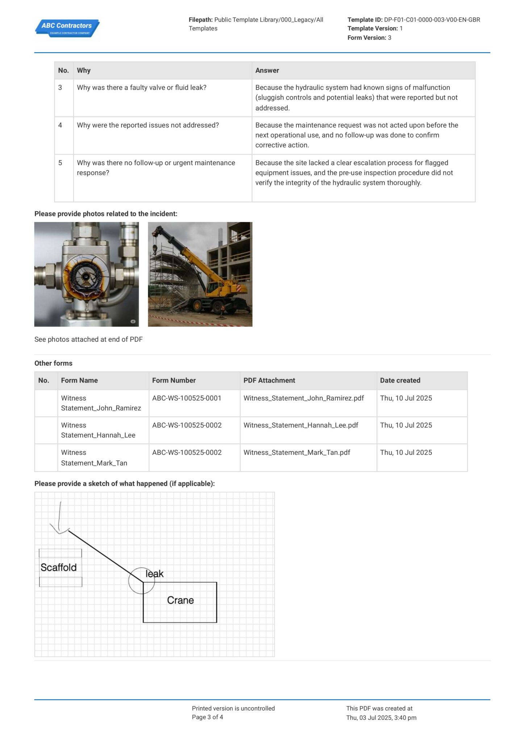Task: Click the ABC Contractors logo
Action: pos(67,28)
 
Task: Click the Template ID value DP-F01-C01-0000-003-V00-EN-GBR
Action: pos(432,20)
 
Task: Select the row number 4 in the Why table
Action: pos(60,125)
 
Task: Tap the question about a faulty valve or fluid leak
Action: pos(142,88)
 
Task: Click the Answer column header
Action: pos(267,71)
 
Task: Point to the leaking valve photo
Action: pos(86,274)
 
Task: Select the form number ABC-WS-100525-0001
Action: pos(187,398)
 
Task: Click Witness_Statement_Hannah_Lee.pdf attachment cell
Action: pos(301,425)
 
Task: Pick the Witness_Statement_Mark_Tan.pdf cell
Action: pos(297,453)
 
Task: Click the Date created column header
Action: pos(400,380)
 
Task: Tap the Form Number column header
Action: pos(174,380)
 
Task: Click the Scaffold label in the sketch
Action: pos(59,567)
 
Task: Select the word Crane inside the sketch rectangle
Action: pos(180,600)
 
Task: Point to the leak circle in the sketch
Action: pos(141,581)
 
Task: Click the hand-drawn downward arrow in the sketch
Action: pos(60,518)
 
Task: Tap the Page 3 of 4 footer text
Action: pos(207,717)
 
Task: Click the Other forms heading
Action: pos(53,363)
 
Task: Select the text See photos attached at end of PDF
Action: pos(88,339)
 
